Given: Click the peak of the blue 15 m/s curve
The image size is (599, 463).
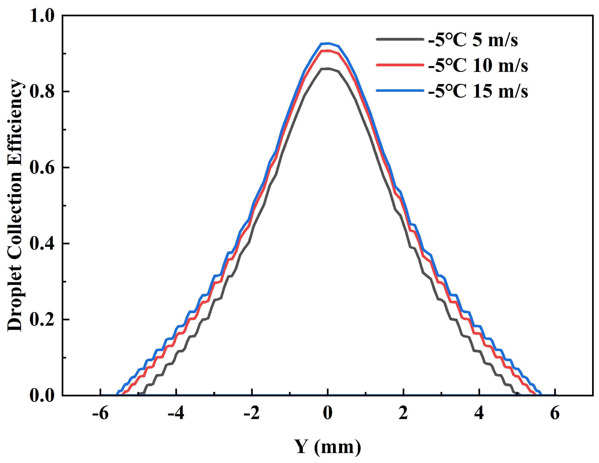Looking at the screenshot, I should (x=328, y=43).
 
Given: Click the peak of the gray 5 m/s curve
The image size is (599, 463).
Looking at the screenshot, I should (x=328, y=69).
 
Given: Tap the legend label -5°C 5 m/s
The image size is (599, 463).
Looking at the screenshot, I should (x=473, y=40).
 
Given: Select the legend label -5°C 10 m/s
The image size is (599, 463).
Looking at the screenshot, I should (x=478, y=66).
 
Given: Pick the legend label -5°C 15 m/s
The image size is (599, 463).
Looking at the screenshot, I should (x=478, y=91).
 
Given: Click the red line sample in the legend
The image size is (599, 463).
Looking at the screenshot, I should (x=400, y=65).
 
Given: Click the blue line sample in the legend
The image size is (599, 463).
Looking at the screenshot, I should (x=400, y=90).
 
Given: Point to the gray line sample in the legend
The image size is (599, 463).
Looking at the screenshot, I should (x=400, y=39).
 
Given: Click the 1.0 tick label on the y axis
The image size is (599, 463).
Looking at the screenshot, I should (x=42, y=15).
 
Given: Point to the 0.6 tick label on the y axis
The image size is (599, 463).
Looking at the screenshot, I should (x=42, y=168).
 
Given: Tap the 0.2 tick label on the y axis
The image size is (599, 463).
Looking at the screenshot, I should (x=42, y=320).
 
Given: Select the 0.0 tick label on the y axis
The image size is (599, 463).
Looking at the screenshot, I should (x=42, y=396).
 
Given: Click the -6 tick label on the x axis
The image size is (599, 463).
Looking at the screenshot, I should (x=100, y=414).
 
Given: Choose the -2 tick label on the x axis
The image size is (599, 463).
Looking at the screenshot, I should (x=252, y=414).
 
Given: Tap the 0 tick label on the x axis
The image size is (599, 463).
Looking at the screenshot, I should (x=328, y=414).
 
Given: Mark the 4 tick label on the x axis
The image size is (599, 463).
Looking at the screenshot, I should (x=479, y=414).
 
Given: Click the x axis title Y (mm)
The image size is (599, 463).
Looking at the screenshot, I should (x=328, y=447).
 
